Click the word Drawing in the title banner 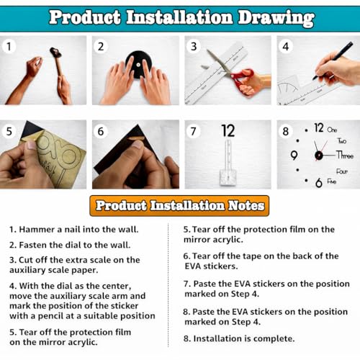click(x=276, y=18)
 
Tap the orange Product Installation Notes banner click(x=179, y=206)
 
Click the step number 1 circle click(x=9, y=46)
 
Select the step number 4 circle click(x=286, y=46)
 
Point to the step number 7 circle click(x=194, y=131)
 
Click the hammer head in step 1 click(x=55, y=53)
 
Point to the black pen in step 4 click(x=333, y=60)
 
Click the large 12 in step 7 click(x=228, y=131)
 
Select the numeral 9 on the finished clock click(x=294, y=156)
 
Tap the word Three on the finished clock click(x=345, y=155)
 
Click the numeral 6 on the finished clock click(x=319, y=183)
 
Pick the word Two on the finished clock click(x=342, y=140)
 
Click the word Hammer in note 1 click(x=37, y=230)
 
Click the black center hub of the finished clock click(x=319, y=156)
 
